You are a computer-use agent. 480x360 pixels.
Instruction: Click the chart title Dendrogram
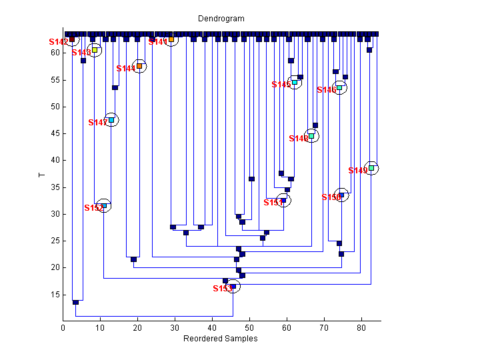point(221,19)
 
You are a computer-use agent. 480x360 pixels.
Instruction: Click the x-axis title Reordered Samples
point(220,339)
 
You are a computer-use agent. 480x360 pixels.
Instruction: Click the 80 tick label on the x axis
point(361,328)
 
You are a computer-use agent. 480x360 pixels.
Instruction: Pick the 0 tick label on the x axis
point(63,328)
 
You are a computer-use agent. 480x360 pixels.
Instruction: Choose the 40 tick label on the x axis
point(212,328)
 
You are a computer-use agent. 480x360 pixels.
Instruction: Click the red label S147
point(97,123)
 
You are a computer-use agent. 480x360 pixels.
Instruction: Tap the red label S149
point(358,171)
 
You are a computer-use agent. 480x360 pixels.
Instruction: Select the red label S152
point(93,208)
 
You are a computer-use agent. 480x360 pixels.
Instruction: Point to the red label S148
point(299,139)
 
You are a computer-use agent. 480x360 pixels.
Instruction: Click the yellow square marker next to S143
point(95,50)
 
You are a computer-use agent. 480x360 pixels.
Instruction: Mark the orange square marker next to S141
point(171,39)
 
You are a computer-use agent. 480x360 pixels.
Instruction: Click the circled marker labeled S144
point(139,66)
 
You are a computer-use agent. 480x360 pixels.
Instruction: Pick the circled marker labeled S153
point(233,287)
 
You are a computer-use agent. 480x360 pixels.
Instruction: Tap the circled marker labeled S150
point(341,195)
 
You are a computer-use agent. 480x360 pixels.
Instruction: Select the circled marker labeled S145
point(295,83)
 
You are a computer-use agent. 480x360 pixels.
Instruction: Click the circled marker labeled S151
point(283,200)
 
